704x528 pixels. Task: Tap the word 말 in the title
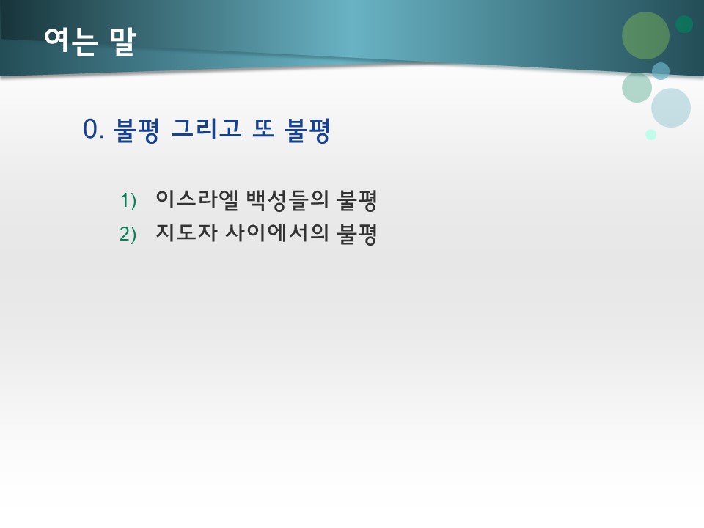pos(122,41)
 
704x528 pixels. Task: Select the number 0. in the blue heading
pos(94,130)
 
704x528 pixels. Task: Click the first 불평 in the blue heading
pos(136,130)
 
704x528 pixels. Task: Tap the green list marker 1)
pos(128,199)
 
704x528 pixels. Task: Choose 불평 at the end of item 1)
pos(356,198)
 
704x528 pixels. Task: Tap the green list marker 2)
pos(128,235)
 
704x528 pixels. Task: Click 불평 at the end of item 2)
pos(356,233)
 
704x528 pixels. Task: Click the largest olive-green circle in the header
pos(645,35)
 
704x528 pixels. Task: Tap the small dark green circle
pos(684,24)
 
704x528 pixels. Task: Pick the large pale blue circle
pos(671,108)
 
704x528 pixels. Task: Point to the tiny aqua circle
pos(650,134)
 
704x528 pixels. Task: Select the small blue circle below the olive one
pos(661,70)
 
